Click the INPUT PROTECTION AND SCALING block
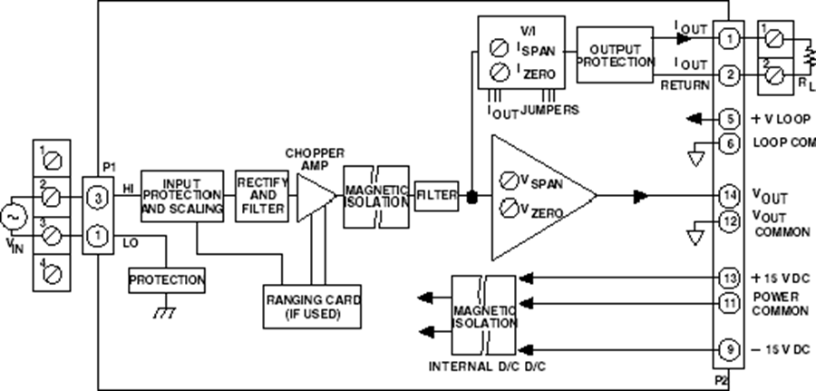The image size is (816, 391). pyautogui.click(x=182, y=195)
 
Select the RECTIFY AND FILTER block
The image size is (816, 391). pyautogui.click(x=260, y=195)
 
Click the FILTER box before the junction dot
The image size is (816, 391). pyautogui.click(x=437, y=194)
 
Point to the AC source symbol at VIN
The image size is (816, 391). pyautogui.click(x=14, y=218)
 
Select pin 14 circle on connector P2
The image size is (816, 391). pyautogui.click(x=729, y=195)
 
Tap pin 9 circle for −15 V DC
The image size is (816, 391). pyautogui.click(x=729, y=349)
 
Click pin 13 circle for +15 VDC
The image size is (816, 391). pyautogui.click(x=729, y=277)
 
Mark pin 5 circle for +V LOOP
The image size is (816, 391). pyautogui.click(x=729, y=119)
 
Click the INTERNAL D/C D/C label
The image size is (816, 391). pyautogui.click(x=488, y=367)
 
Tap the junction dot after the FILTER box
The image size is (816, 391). pyautogui.click(x=471, y=194)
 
